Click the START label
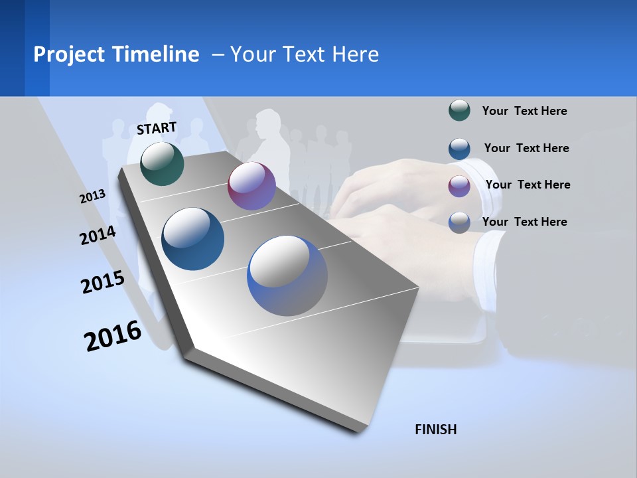(x=157, y=128)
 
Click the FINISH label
(x=435, y=430)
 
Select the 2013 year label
(x=92, y=197)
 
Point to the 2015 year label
(x=103, y=282)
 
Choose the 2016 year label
(x=113, y=336)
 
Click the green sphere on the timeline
(x=162, y=163)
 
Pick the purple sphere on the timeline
(x=251, y=186)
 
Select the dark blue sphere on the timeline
(x=193, y=239)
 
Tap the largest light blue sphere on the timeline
(x=287, y=276)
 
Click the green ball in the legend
(x=459, y=110)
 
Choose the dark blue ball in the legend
(x=459, y=148)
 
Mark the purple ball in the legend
(x=459, y=185)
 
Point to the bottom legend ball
(x=459, y=222)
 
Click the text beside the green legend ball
(x=524, y=111)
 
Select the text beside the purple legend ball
(x=528, y=185)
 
